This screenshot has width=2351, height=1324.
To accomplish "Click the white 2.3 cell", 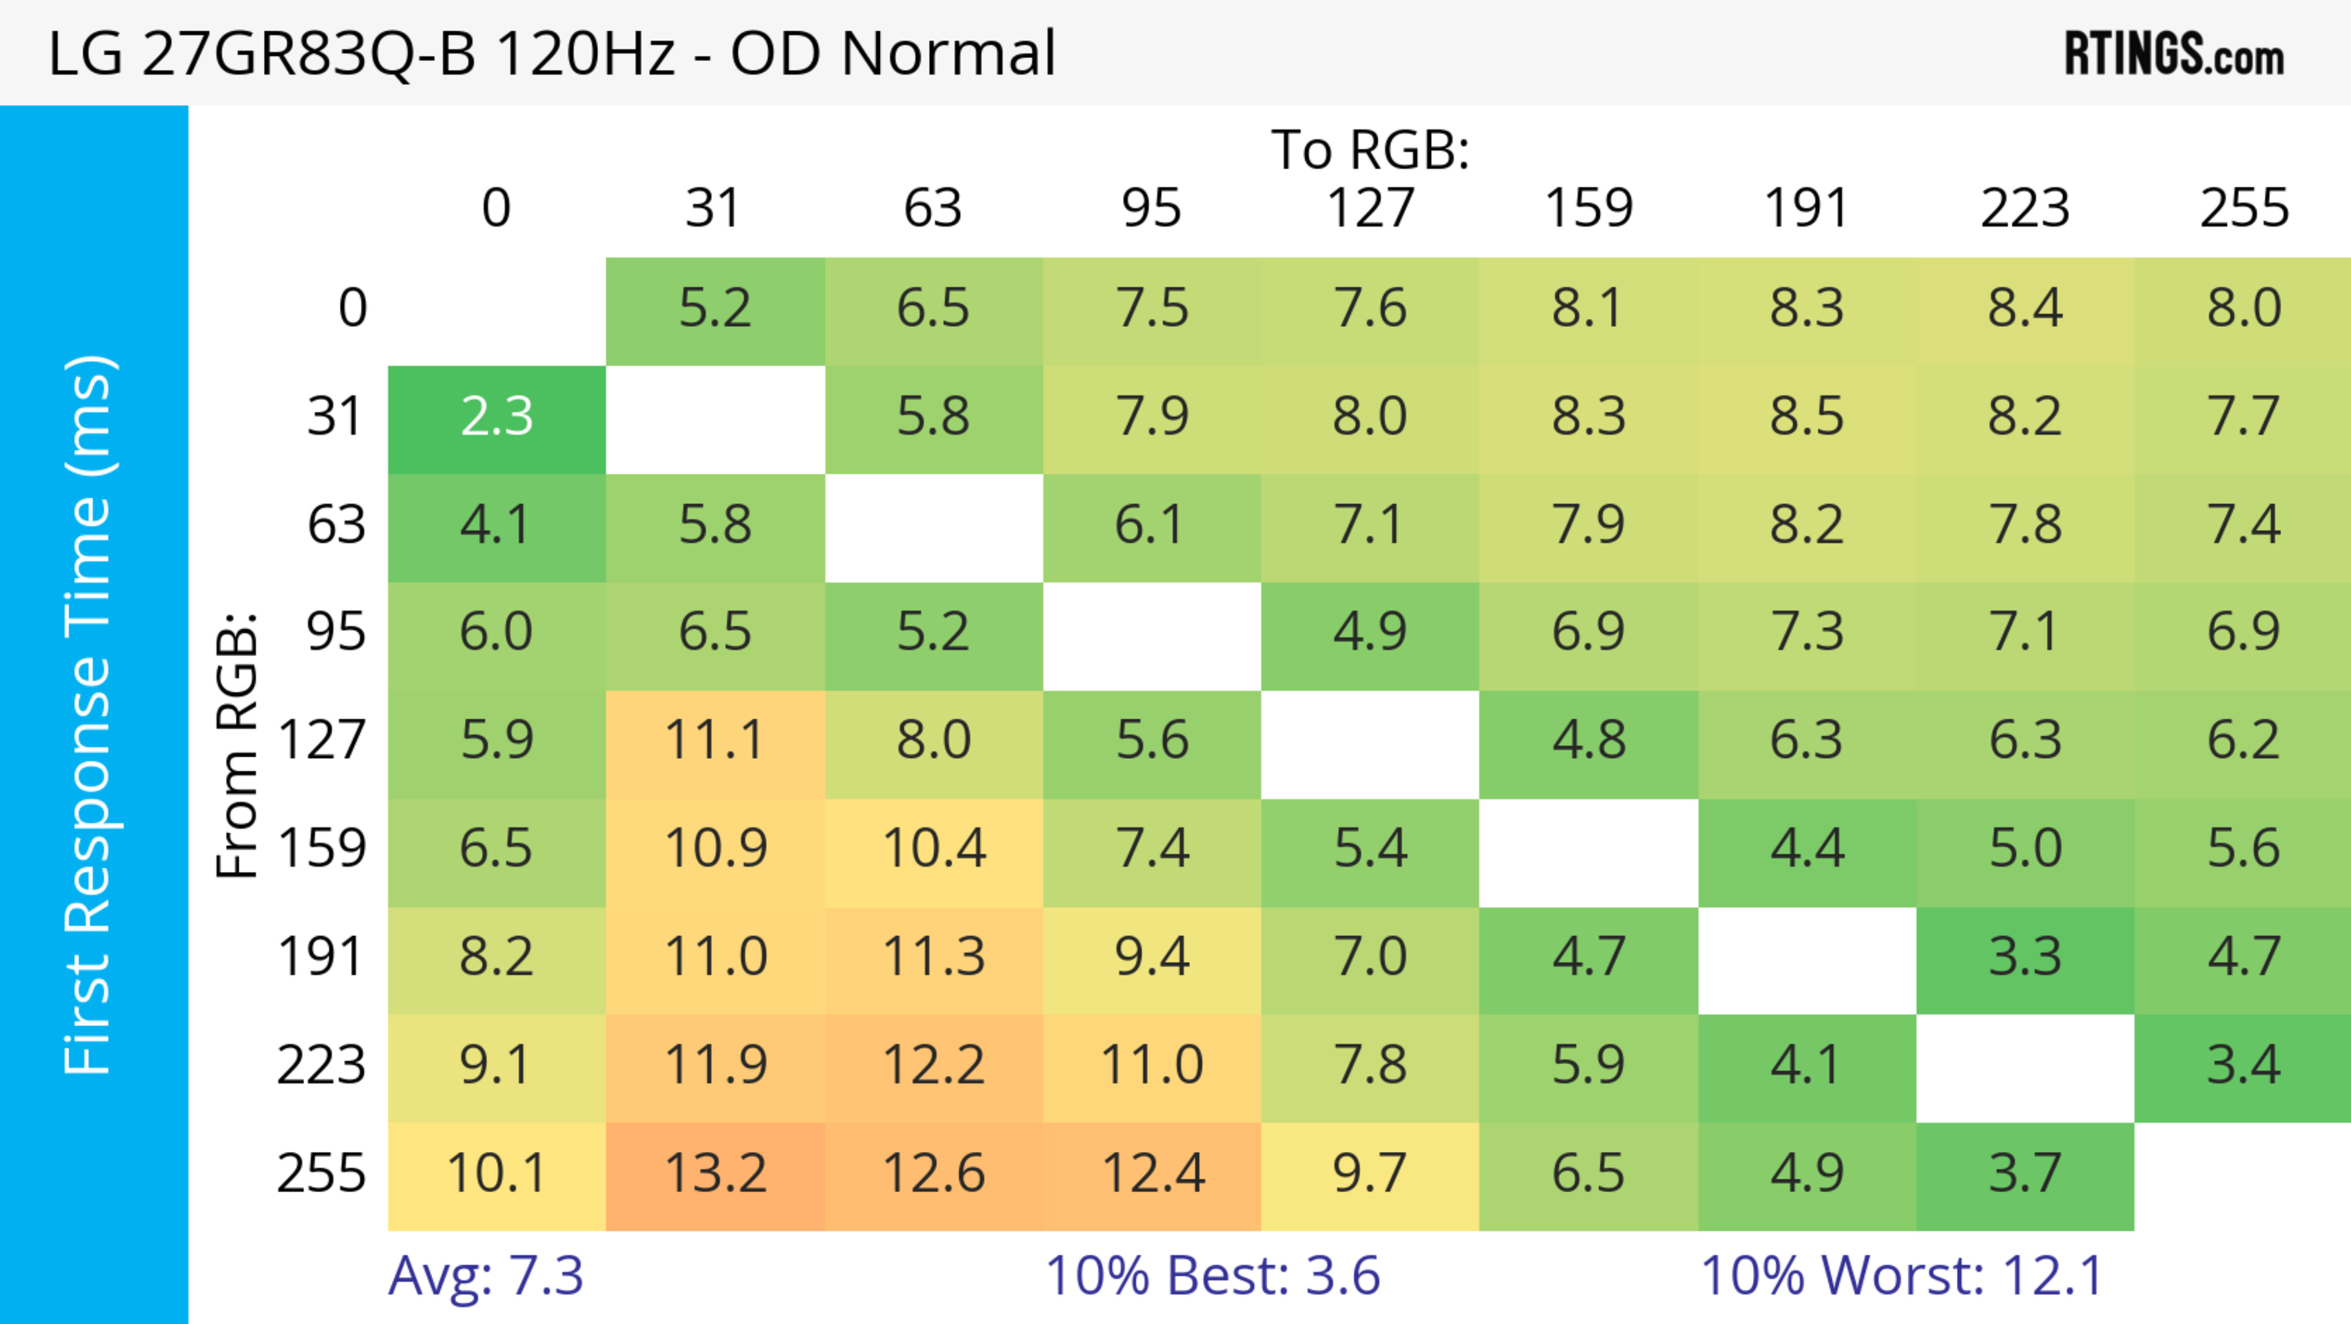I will (497, 417).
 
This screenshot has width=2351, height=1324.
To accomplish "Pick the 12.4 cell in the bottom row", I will (1152, 1173).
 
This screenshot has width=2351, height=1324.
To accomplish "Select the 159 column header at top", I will (1588, 208).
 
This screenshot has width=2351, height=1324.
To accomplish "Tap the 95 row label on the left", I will (336, 632).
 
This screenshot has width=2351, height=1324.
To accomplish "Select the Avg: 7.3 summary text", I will (486, 1276).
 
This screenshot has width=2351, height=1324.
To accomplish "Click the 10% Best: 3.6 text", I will (1212, 1276).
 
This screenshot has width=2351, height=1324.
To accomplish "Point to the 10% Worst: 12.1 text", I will (1902, 1276).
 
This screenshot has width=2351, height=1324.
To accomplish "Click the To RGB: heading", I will (1370, 149).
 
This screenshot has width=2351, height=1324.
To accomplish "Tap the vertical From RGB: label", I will (238, 745).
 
